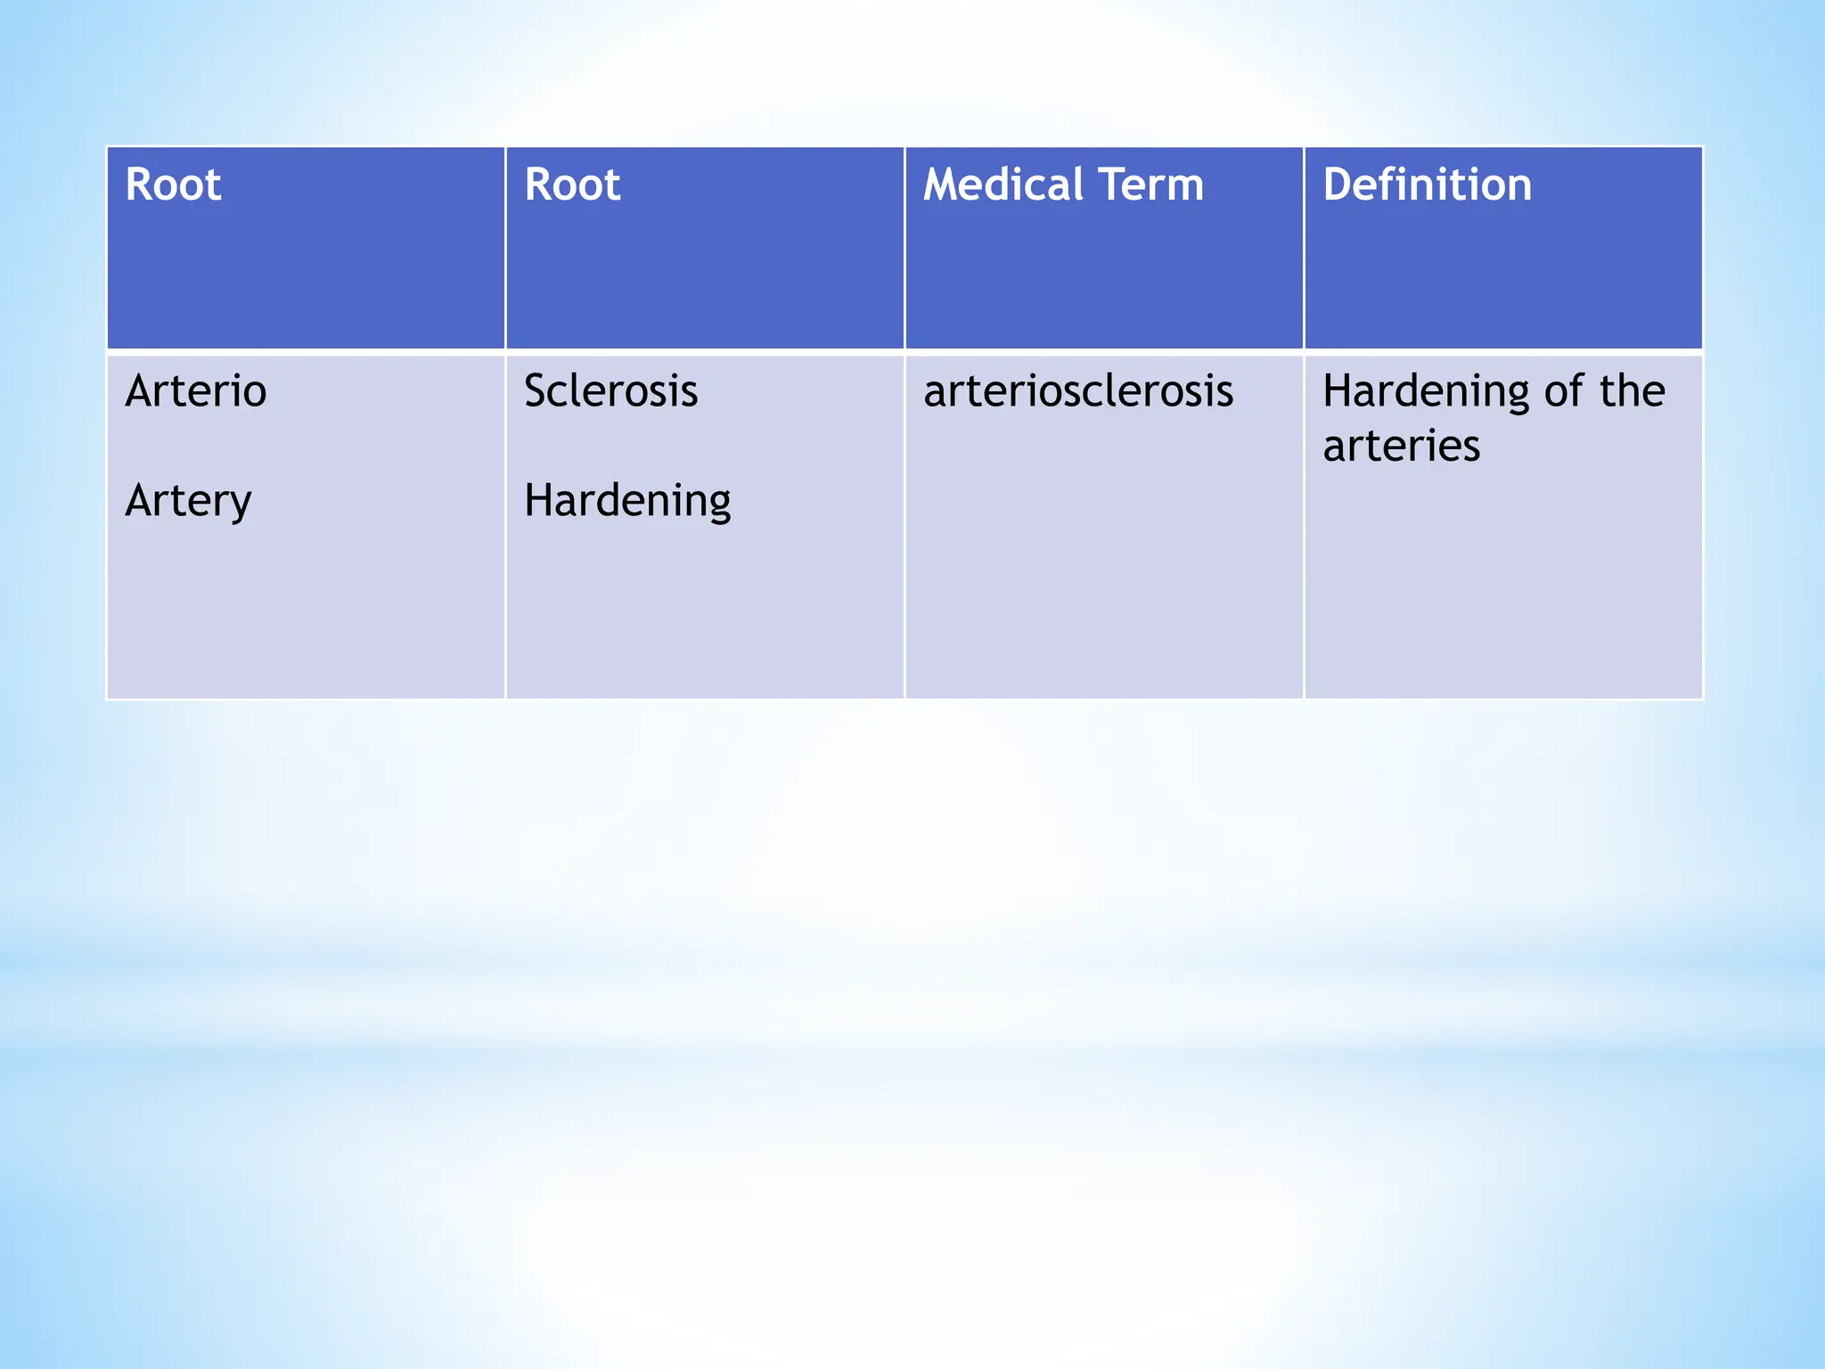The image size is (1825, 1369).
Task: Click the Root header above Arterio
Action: (x=173, y=185)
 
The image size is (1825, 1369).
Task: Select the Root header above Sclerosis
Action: (x=572, y=185)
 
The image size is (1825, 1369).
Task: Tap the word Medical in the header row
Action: (x=1003, y=185)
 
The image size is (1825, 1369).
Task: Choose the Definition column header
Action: (x=1427, y=185)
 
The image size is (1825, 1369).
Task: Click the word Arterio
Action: (x=196, y=391)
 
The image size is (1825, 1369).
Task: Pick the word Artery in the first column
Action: (x=188, y=501)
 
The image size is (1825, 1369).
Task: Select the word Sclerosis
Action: (x=610, y=391)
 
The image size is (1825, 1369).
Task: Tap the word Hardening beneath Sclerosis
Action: (x=627, y=501)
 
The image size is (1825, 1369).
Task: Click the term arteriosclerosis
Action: (x=1078, y=391)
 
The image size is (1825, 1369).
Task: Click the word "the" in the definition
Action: (x=1633, y=391)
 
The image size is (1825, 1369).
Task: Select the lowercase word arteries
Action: (x=1401, y=446)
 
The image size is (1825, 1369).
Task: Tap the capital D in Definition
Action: (x=1336, y=185)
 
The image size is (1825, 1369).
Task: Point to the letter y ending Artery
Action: (x=241, y=504)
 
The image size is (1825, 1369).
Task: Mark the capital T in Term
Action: (x=1112, y=185)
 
